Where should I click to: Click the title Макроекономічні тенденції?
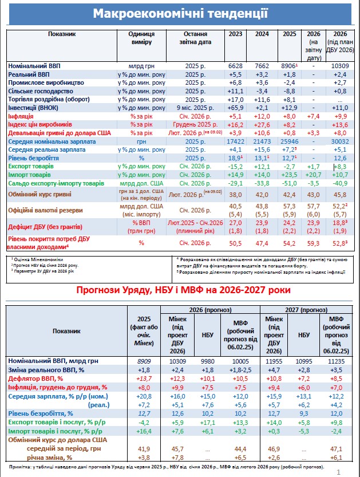[x=180, y=13]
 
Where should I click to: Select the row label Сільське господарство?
[x=41, y=91]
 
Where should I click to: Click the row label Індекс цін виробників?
[x=40, y=124]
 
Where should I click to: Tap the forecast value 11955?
[x=274, y=361]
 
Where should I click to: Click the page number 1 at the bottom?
[x=339, y=472]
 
